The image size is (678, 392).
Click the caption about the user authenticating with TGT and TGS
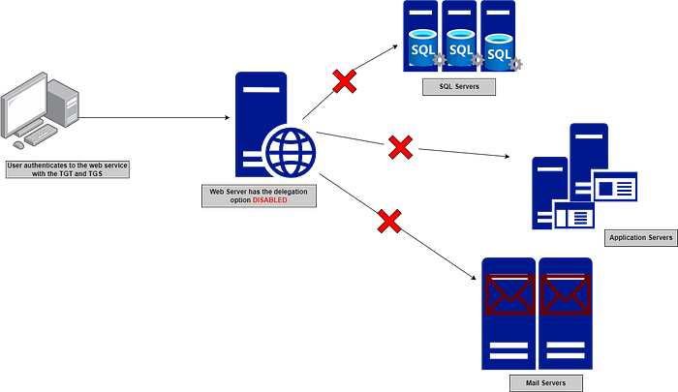click(x=67, y=169)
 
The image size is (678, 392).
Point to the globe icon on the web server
click(x=290, y=152)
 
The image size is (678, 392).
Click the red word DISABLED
click(x=269, y=200)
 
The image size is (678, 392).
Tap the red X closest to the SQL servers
click(x=344, y=81)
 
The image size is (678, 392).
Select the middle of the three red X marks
click(x=400, y=147)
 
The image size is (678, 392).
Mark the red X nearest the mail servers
click(x=388, y=221)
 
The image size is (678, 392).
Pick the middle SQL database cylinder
click(x=461, y=47)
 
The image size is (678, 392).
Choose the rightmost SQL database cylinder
click(x=498, y=52)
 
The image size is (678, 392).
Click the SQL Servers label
click(x=459, y=87)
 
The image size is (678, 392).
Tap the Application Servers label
click(x=640, y=238)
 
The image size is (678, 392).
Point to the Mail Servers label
click(x=539, y=383)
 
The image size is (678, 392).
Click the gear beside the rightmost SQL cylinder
click(x=517, y=64)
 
